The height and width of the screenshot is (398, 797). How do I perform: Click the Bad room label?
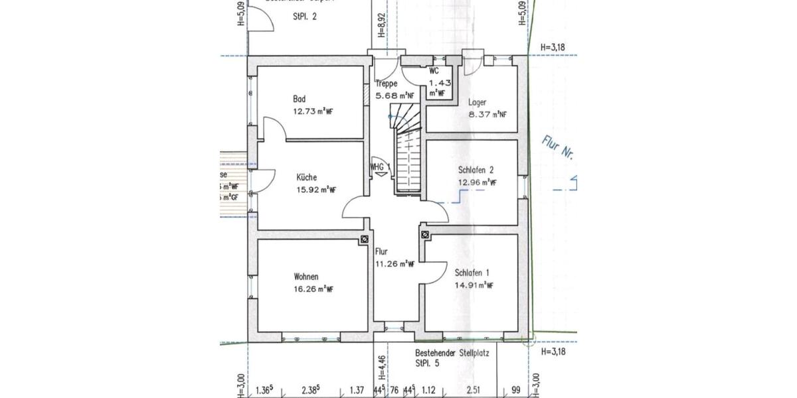click(x=299, y=99)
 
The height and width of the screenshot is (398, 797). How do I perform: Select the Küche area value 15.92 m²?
click(x=315, y=190)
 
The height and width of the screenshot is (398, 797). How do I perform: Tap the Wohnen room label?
click(x=306, y=277)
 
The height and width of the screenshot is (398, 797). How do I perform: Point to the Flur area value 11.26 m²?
click(x=395, y=263)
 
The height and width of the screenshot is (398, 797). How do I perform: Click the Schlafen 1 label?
click(x=472, y=273)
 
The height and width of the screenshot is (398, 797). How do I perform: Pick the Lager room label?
click(x=477, y=102)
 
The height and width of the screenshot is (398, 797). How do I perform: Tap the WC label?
click(x=434, y=70)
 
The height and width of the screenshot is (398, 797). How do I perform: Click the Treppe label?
click(x=386, y=84)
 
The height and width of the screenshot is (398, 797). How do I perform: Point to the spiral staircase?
click(x=406, y=153)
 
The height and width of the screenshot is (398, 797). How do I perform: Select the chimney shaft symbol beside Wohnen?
click(x=364, y=239)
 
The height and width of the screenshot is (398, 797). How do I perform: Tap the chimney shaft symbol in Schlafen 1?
click(x=424, y=233)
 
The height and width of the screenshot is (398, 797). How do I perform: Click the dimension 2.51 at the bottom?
click(x=473, y=390)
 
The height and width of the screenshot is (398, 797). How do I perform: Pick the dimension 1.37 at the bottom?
click(x=357, y=390)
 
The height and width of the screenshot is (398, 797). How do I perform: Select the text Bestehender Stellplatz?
click(x=452, y=354)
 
